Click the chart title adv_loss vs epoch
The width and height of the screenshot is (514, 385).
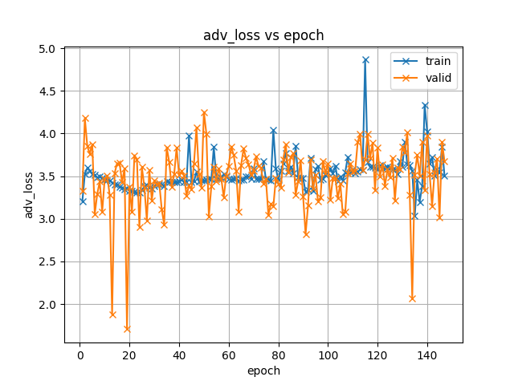click(x=263, y=35)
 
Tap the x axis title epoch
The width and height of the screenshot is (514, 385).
click(x=263, y=371)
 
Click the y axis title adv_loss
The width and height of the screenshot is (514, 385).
click(x=29, y=195)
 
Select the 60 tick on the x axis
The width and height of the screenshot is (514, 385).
click(x=229, y=355)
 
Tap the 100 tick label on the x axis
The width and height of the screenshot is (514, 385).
click(x=328, y=355)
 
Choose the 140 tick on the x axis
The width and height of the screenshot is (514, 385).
click(x=427, y=355)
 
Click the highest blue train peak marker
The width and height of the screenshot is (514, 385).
click(x=365, y=59)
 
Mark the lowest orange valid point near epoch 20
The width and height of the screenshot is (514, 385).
click(x=127, y=329)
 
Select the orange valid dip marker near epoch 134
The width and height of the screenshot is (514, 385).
click(x=412, y=298)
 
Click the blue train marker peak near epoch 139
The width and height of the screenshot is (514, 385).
click(x=425, y=105)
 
